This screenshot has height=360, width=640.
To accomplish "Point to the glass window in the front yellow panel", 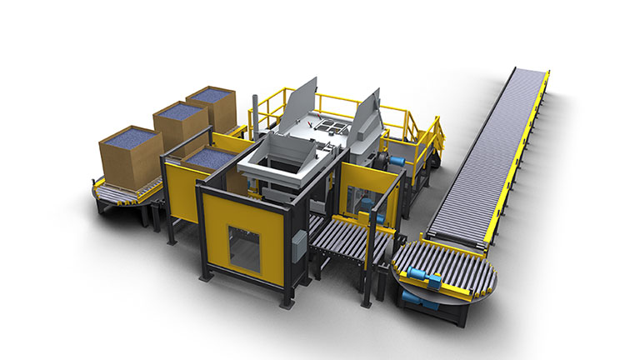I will (245, 250).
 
